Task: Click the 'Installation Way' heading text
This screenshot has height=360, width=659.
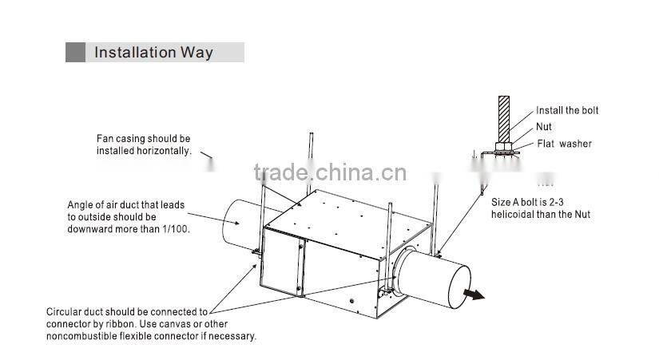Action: (x=153, y=53)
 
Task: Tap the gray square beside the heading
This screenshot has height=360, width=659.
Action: (x=75, y=53)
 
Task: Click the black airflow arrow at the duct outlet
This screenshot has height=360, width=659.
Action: (x=474, y=295)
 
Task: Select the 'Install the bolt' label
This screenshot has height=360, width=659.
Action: (x=566, y=110)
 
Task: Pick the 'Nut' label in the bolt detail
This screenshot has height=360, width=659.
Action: (x=544, y=127)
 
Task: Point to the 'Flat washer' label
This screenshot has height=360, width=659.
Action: (x=564, y=144)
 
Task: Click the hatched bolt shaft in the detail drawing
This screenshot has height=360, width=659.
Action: (x=504, y=118)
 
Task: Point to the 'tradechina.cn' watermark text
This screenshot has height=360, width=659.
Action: (x=329, y=172)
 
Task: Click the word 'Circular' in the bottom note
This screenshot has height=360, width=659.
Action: (x=65, y=312)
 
